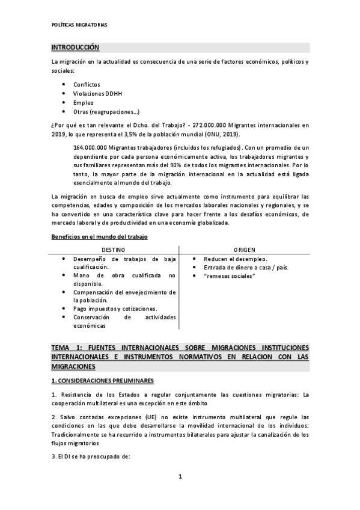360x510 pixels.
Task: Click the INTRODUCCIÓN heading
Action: (x=75, y=48)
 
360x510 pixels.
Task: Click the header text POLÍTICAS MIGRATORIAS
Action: (x=79, y=25)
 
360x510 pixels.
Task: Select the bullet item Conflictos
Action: (x=87, y=84)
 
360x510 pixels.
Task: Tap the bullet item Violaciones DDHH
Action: (x=97, y=93)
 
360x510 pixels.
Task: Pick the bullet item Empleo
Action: (x=83, y=102)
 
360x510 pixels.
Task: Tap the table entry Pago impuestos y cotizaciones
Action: (x=115, y=309)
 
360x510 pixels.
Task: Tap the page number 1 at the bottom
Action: (x=180, y=478)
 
